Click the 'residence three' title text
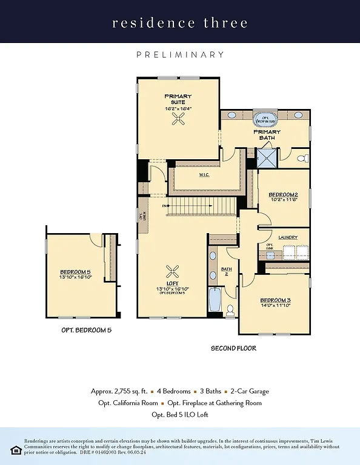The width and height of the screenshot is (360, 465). click(179, 23)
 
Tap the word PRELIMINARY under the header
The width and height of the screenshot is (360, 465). click(180, 54)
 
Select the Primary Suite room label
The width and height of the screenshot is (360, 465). click(178, 99)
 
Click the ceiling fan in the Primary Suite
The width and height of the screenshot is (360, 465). click(178, 121)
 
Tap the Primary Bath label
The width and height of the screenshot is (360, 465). click(267, 135)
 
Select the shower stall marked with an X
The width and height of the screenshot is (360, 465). click(266, 159)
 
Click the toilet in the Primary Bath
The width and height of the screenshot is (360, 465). click(303, 159)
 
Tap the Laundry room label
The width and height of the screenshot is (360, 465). click(288, 238)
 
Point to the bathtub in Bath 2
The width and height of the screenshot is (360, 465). click(214, 300)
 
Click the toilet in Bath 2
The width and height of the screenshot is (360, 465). click(230, 309)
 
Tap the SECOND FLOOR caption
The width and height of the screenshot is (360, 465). click(233, 348)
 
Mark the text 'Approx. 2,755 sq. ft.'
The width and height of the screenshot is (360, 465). click(118, 391)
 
